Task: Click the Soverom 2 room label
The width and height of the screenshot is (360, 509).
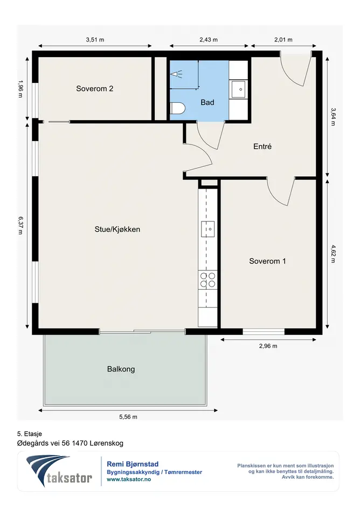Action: tap(94, 89)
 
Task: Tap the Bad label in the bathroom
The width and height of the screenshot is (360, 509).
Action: tap(207, 102)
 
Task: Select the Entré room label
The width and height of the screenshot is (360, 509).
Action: tap(262, 147)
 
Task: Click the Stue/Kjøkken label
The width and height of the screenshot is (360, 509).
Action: tap(117, 229)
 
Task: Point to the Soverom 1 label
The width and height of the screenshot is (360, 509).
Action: tap(267, 261)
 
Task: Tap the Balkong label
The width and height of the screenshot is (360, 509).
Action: tap(121, 369)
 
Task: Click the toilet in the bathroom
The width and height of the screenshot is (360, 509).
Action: tap(177, 109)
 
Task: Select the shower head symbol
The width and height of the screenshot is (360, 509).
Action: tap(176, 74)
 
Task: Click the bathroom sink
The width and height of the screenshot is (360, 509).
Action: tap(239, 89)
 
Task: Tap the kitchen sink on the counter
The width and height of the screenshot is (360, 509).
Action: tap(207, 229)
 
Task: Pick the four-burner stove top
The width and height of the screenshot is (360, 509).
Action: tap(207, 280)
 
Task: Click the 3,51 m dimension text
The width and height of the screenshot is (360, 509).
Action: tap(95, 40)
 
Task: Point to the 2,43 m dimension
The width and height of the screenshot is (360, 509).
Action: tap(208, 40)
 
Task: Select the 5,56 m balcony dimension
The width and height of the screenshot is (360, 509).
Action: tap(128, 417)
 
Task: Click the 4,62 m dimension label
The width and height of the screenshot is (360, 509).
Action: tap(333, 254)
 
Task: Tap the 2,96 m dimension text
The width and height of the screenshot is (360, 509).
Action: tap(268, 346)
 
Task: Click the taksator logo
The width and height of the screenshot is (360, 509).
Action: tap(59, 471)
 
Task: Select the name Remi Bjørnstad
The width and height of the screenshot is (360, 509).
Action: tap(133, 464)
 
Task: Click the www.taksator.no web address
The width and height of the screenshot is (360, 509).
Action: tap(129, 479)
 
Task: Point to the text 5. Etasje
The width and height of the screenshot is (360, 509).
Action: tap(30, 434)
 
